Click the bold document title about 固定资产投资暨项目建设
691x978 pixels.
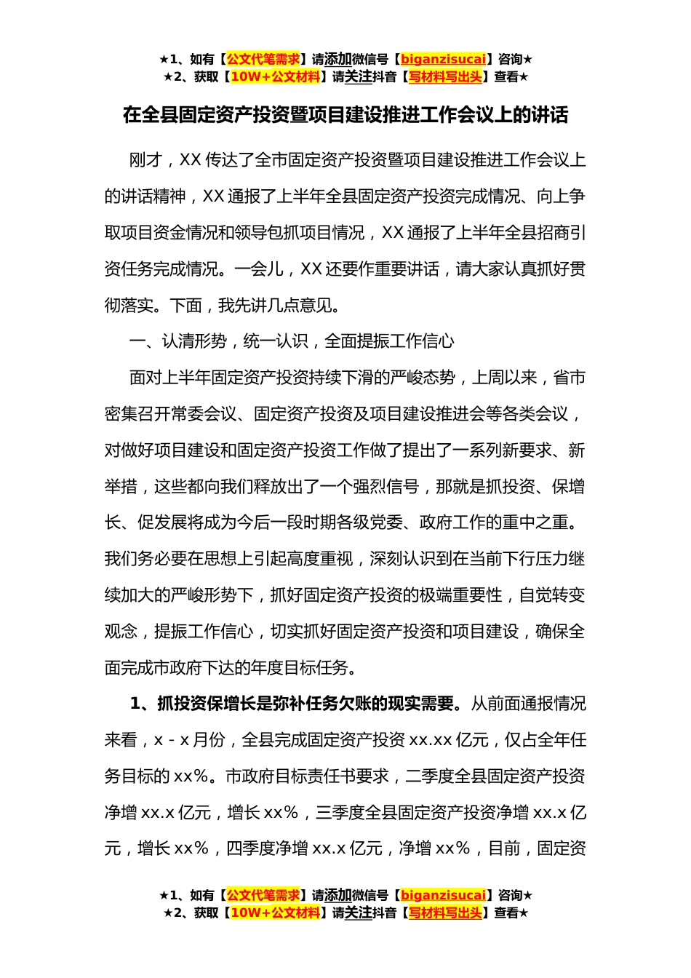point(345,115)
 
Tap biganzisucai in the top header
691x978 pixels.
point(443,60)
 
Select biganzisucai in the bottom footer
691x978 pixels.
point(443,895)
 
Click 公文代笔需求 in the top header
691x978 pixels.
point(263,60)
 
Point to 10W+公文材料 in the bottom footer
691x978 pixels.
point(275,913)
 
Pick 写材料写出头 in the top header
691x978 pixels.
point(445,77)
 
